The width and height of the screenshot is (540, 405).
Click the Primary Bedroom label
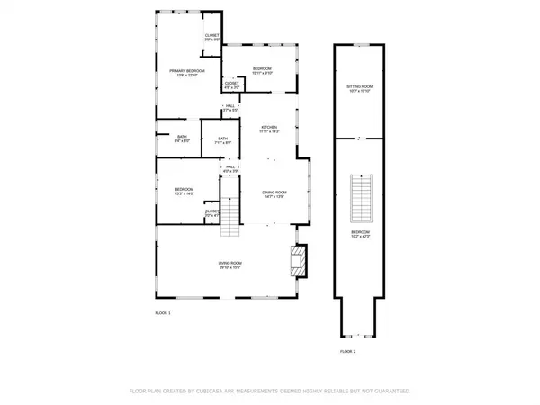[188, 73]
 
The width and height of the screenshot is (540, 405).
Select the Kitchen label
[270, 130]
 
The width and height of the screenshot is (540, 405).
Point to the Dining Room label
[274, 193]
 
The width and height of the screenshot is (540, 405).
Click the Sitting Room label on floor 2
[359, 88]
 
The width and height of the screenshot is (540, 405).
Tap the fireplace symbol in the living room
[298, 260]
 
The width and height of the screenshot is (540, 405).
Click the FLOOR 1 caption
[162, 312]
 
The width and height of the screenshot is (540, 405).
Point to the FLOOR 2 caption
[347, 351]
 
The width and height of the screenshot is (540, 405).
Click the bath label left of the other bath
[181, 139]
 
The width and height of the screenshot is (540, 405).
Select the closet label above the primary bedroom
[211, 38]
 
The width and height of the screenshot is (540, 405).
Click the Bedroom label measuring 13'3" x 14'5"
[184, 191]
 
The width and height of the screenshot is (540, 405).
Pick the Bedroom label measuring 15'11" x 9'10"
[263, 71]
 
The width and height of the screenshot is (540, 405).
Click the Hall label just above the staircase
[230, 168]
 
